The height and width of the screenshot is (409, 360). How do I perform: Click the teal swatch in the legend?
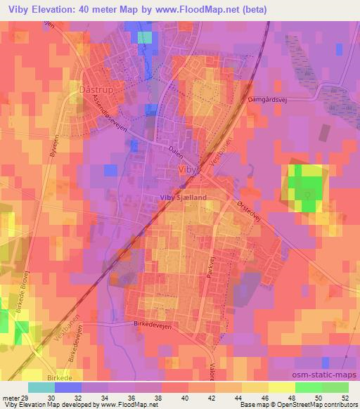41,387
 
